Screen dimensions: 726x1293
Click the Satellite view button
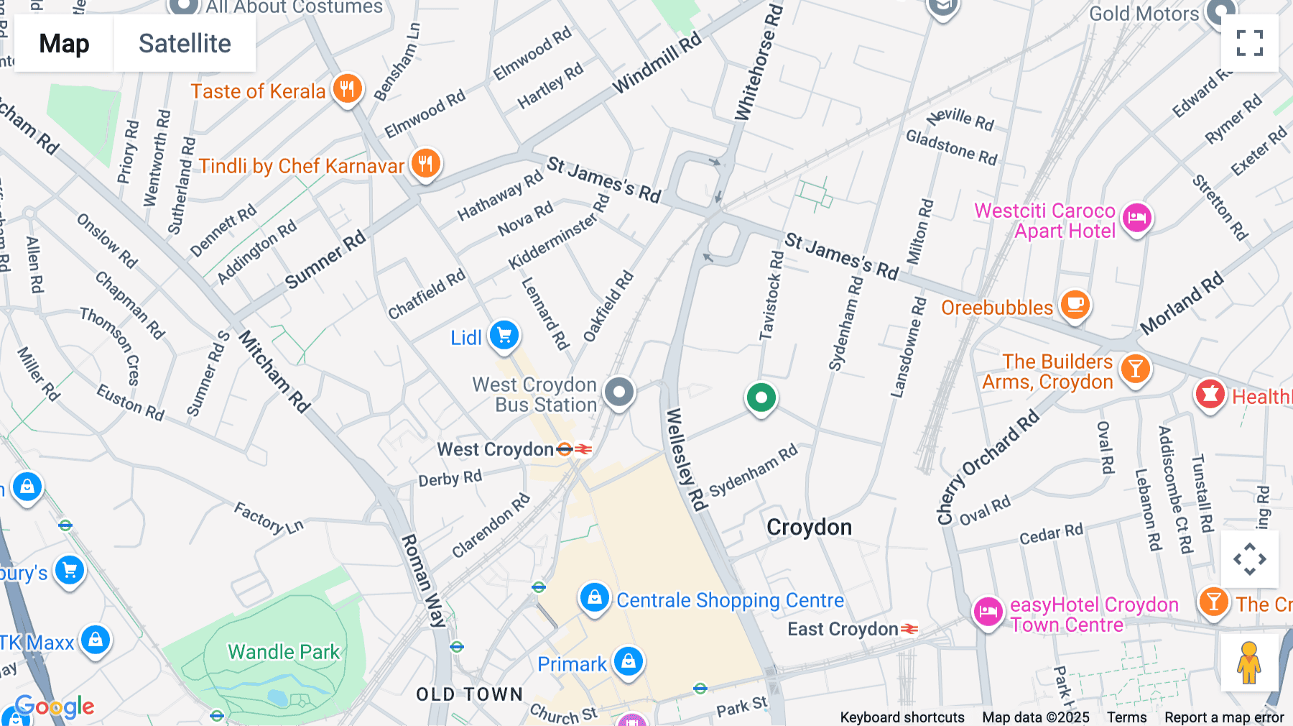click(x=185, y=43)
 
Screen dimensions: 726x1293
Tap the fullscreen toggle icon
click(x=1249, y=43)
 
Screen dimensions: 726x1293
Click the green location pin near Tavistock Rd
click(x=761, y=398)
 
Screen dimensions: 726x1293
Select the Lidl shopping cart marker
click(x=504, y=336)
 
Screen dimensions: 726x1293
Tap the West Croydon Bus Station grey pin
click(x=618, y=392)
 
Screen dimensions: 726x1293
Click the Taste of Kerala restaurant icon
click(x=348, y=90)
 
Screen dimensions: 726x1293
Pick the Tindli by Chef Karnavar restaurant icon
click(x=425, y=164)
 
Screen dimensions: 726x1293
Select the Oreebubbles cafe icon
click(x=1075, y=305)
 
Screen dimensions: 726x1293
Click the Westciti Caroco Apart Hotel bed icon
click(x=1136, y=218)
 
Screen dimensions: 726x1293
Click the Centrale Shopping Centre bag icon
click(x=595, y=598)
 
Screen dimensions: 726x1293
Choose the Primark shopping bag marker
click(x=629, y=662)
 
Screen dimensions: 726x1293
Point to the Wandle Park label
click(x=284, y=652)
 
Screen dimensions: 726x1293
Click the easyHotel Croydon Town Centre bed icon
click(x=988, y=612)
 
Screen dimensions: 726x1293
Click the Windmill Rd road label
click(x=657, y=63)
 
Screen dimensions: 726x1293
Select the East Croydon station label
click(x=843, y=630)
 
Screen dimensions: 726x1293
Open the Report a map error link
click(x=1224, y=717)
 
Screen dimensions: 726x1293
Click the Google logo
click(x=55, y=707)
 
